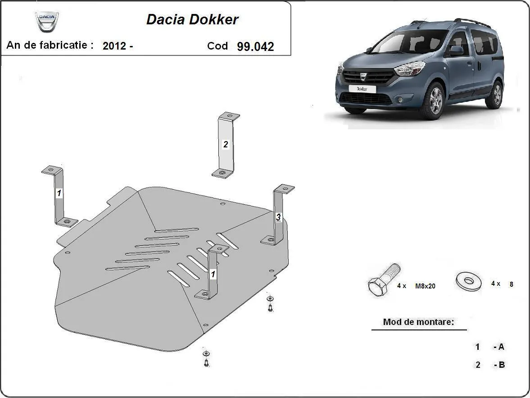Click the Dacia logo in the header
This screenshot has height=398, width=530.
click(x=47, y=22)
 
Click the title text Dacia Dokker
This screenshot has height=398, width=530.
click(x=192, y=19)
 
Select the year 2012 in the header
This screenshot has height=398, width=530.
click(x=114, y=46)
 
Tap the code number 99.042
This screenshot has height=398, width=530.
click(x=255, y=46)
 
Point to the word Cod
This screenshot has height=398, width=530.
click(x=217, y=46)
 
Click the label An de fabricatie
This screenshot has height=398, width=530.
click(x=50, y=45)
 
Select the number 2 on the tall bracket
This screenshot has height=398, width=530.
click(x=226, y=144)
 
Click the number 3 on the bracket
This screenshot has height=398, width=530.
click(x=278, y=218)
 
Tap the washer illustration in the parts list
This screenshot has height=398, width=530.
click(x=468, y=281)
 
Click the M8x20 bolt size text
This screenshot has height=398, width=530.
click(x=425, y=286)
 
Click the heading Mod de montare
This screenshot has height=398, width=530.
click(x=418, y=322)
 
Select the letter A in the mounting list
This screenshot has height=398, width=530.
click(x=500, y=347)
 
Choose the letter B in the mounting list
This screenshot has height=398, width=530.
click(x=500, y=365)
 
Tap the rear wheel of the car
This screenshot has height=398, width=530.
click(x=497, y=94)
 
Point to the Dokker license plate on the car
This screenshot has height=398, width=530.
click(x=362, y=89)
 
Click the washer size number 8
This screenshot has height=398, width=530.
click(x=511, y=284)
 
